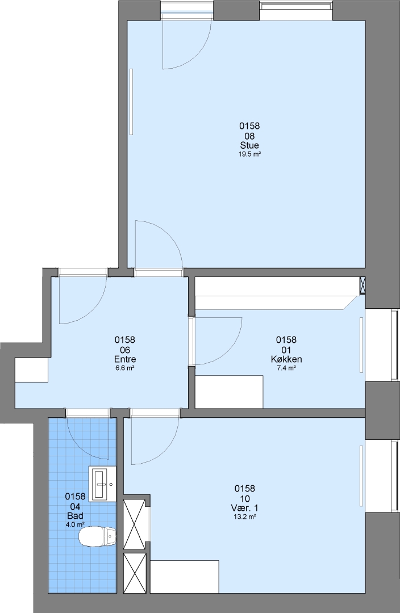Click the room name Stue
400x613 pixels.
click(249, 146)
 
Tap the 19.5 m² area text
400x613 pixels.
click(249, 154)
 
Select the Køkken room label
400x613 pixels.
click(286, 359)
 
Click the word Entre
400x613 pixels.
click(125, 359)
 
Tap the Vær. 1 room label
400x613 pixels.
click(245, 508)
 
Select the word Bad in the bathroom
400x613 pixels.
click(75, 515)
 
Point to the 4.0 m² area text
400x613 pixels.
click(75, 524)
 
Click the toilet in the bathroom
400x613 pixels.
click(98, 536)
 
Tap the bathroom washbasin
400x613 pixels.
click(102, 484)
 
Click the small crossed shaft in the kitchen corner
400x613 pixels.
click(363, 285)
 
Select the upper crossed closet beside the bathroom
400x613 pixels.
click(135, 524)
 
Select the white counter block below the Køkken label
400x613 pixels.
click(229, 392)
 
